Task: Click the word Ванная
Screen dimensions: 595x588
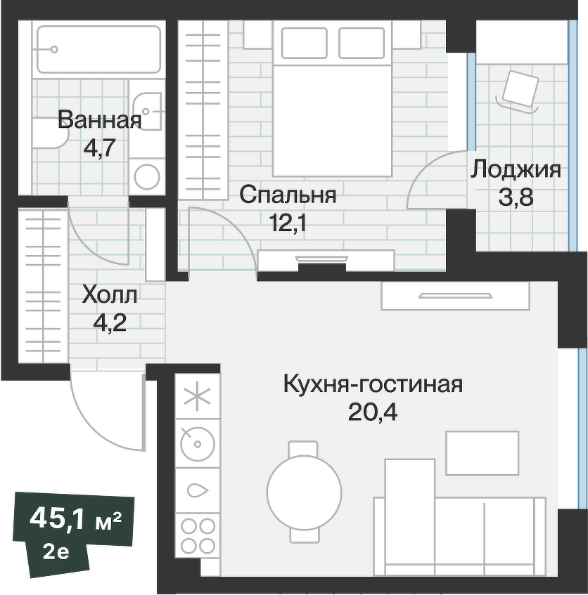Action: click(99, 119)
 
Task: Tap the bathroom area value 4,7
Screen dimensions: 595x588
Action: click(99, 148)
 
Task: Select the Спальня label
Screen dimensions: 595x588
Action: click(288, 195)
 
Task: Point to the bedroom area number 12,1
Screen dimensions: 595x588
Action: click(288, 223)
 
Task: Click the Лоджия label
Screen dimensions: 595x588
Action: click(516, 169)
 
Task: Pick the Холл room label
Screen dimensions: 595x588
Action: click(110, 294)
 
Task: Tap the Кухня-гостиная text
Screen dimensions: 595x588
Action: click(372, 384)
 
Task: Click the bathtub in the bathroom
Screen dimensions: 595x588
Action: click(98, 49)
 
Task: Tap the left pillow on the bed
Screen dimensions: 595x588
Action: click(304, 43)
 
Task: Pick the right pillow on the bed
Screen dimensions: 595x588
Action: click(361, 43)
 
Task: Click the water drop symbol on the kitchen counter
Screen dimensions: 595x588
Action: click(198, 490)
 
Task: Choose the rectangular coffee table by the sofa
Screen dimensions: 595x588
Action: click(482, 453)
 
